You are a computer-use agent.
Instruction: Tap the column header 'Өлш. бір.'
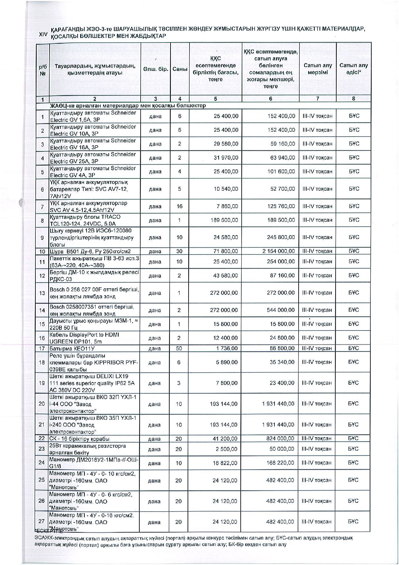[x=156, y=69]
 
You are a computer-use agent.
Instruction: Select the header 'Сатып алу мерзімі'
[x=318, y=69]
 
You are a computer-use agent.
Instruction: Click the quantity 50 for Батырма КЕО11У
[x=179, y=348]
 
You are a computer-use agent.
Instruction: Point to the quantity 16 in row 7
[x=179, y=206]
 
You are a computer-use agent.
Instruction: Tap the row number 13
[x=42, y=293]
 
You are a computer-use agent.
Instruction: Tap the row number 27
[x=42, y=522]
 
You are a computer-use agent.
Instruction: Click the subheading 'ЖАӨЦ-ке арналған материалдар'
[x=127, y=106]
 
